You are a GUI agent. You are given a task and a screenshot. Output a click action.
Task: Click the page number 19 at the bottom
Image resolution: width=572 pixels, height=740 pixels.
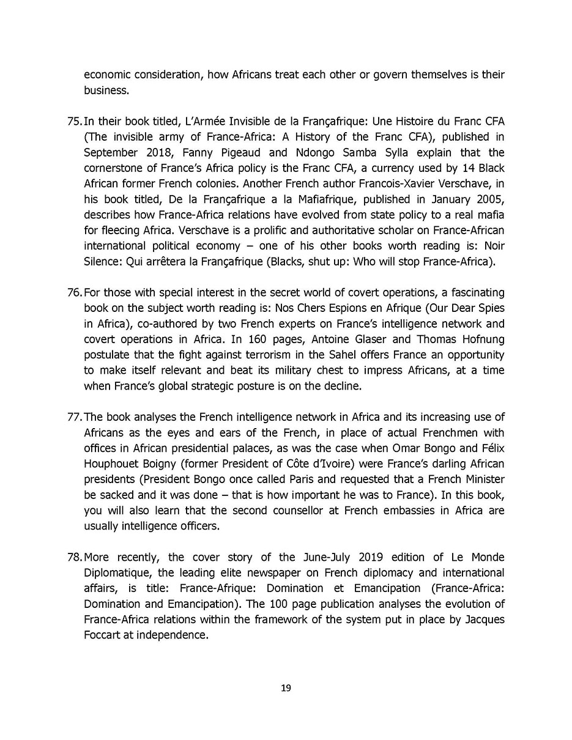286,688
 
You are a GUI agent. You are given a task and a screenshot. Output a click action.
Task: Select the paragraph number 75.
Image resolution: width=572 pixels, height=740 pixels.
74,120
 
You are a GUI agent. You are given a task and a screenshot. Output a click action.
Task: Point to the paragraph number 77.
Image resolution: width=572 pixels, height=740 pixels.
74,417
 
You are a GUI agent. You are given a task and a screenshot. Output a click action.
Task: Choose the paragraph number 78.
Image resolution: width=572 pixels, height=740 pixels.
74,557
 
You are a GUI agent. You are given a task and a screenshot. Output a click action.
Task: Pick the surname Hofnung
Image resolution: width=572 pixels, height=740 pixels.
481,339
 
